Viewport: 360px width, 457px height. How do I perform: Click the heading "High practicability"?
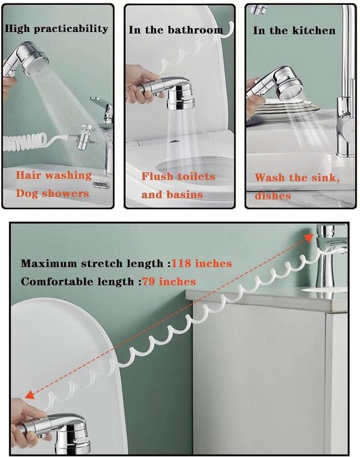click(55, 29)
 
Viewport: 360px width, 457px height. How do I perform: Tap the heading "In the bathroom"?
click(175, 30)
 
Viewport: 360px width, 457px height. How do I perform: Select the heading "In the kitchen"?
click(295, 30)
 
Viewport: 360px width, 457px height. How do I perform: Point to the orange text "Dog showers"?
click(53, 193)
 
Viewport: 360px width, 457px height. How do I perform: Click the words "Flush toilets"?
click(178, 177)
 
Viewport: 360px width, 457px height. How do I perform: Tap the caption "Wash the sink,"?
click(297, 178)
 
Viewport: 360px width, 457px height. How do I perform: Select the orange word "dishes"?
click(273, 195)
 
